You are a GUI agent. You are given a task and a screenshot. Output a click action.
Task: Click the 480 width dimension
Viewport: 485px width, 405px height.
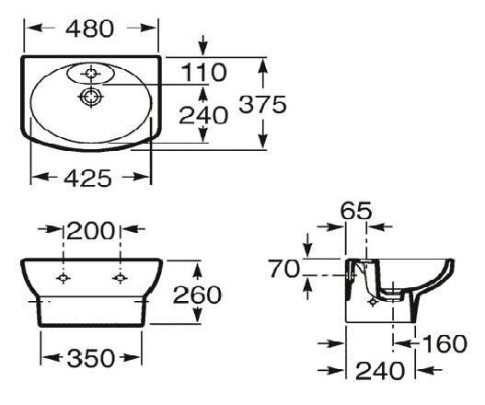pyautogui.click(x=91, y=29)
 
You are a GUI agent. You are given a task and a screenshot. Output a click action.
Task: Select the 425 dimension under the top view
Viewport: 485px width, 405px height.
pyautogui.click(x=90, y=177)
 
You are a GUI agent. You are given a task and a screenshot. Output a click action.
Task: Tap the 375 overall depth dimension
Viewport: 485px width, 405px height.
pyautogui.click(x=262, y=104)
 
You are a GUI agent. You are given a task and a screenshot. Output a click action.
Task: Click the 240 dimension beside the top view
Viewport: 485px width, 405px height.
pyautogui.click(x=202, y=116)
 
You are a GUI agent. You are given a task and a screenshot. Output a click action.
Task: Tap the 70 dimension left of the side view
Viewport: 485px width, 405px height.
pyautogui.click(x=283, y=268)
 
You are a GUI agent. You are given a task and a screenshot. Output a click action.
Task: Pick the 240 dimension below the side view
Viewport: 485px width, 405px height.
pyautogui.click(x=380, y=371)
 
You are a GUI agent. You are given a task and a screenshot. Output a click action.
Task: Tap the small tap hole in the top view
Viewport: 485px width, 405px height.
pyautogui.click(x=90, y=71)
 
